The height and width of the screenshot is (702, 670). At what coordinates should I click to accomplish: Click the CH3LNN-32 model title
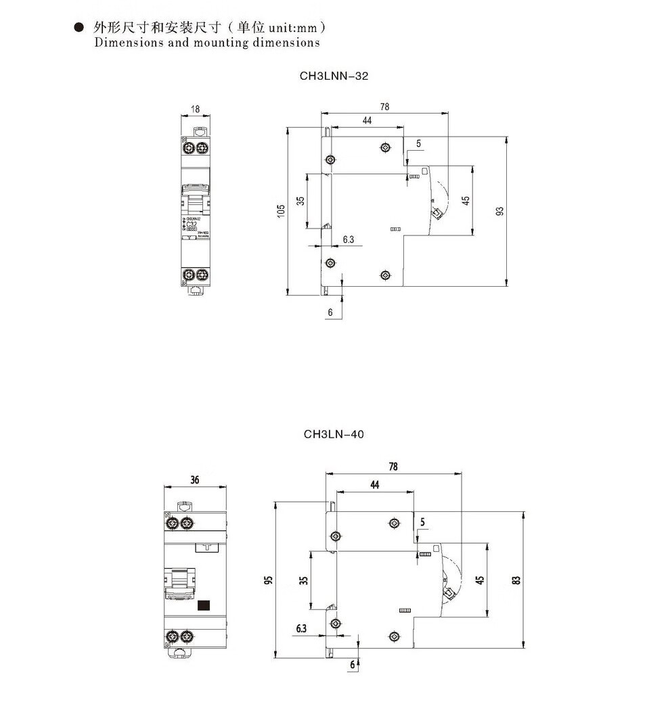(334, 76)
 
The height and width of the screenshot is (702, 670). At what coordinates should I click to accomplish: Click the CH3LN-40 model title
(334, 434)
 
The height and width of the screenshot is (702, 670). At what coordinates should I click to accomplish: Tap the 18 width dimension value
(195, 109)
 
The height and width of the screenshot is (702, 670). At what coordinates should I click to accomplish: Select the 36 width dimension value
(195, 480)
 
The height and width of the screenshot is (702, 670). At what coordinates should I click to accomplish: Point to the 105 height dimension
(281, 212)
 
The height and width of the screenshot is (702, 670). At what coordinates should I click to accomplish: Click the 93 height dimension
(500, 212)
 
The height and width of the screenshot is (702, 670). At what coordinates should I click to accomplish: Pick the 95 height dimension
(268, 580)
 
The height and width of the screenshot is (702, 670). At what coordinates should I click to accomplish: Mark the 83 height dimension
(516, 580)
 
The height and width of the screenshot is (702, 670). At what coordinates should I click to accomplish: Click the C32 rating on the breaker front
(192, 224)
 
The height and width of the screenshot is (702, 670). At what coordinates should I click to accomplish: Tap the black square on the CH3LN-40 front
(204, 606)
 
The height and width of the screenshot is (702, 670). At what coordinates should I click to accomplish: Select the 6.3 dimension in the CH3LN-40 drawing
(301, 628)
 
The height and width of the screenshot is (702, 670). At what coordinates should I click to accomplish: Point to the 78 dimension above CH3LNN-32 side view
(385, 107)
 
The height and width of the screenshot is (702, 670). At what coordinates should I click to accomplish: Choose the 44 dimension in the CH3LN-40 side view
(374, 484)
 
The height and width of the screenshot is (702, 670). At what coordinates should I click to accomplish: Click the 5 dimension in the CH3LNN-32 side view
(418, 144)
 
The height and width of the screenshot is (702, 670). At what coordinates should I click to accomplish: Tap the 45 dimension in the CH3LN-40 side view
(479, 580)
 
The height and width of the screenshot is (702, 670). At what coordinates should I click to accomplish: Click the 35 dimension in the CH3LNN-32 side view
(300, 202)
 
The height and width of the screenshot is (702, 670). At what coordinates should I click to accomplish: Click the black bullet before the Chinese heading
(79, 28)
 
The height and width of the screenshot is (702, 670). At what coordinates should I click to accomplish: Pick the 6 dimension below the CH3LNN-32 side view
(330, 312)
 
